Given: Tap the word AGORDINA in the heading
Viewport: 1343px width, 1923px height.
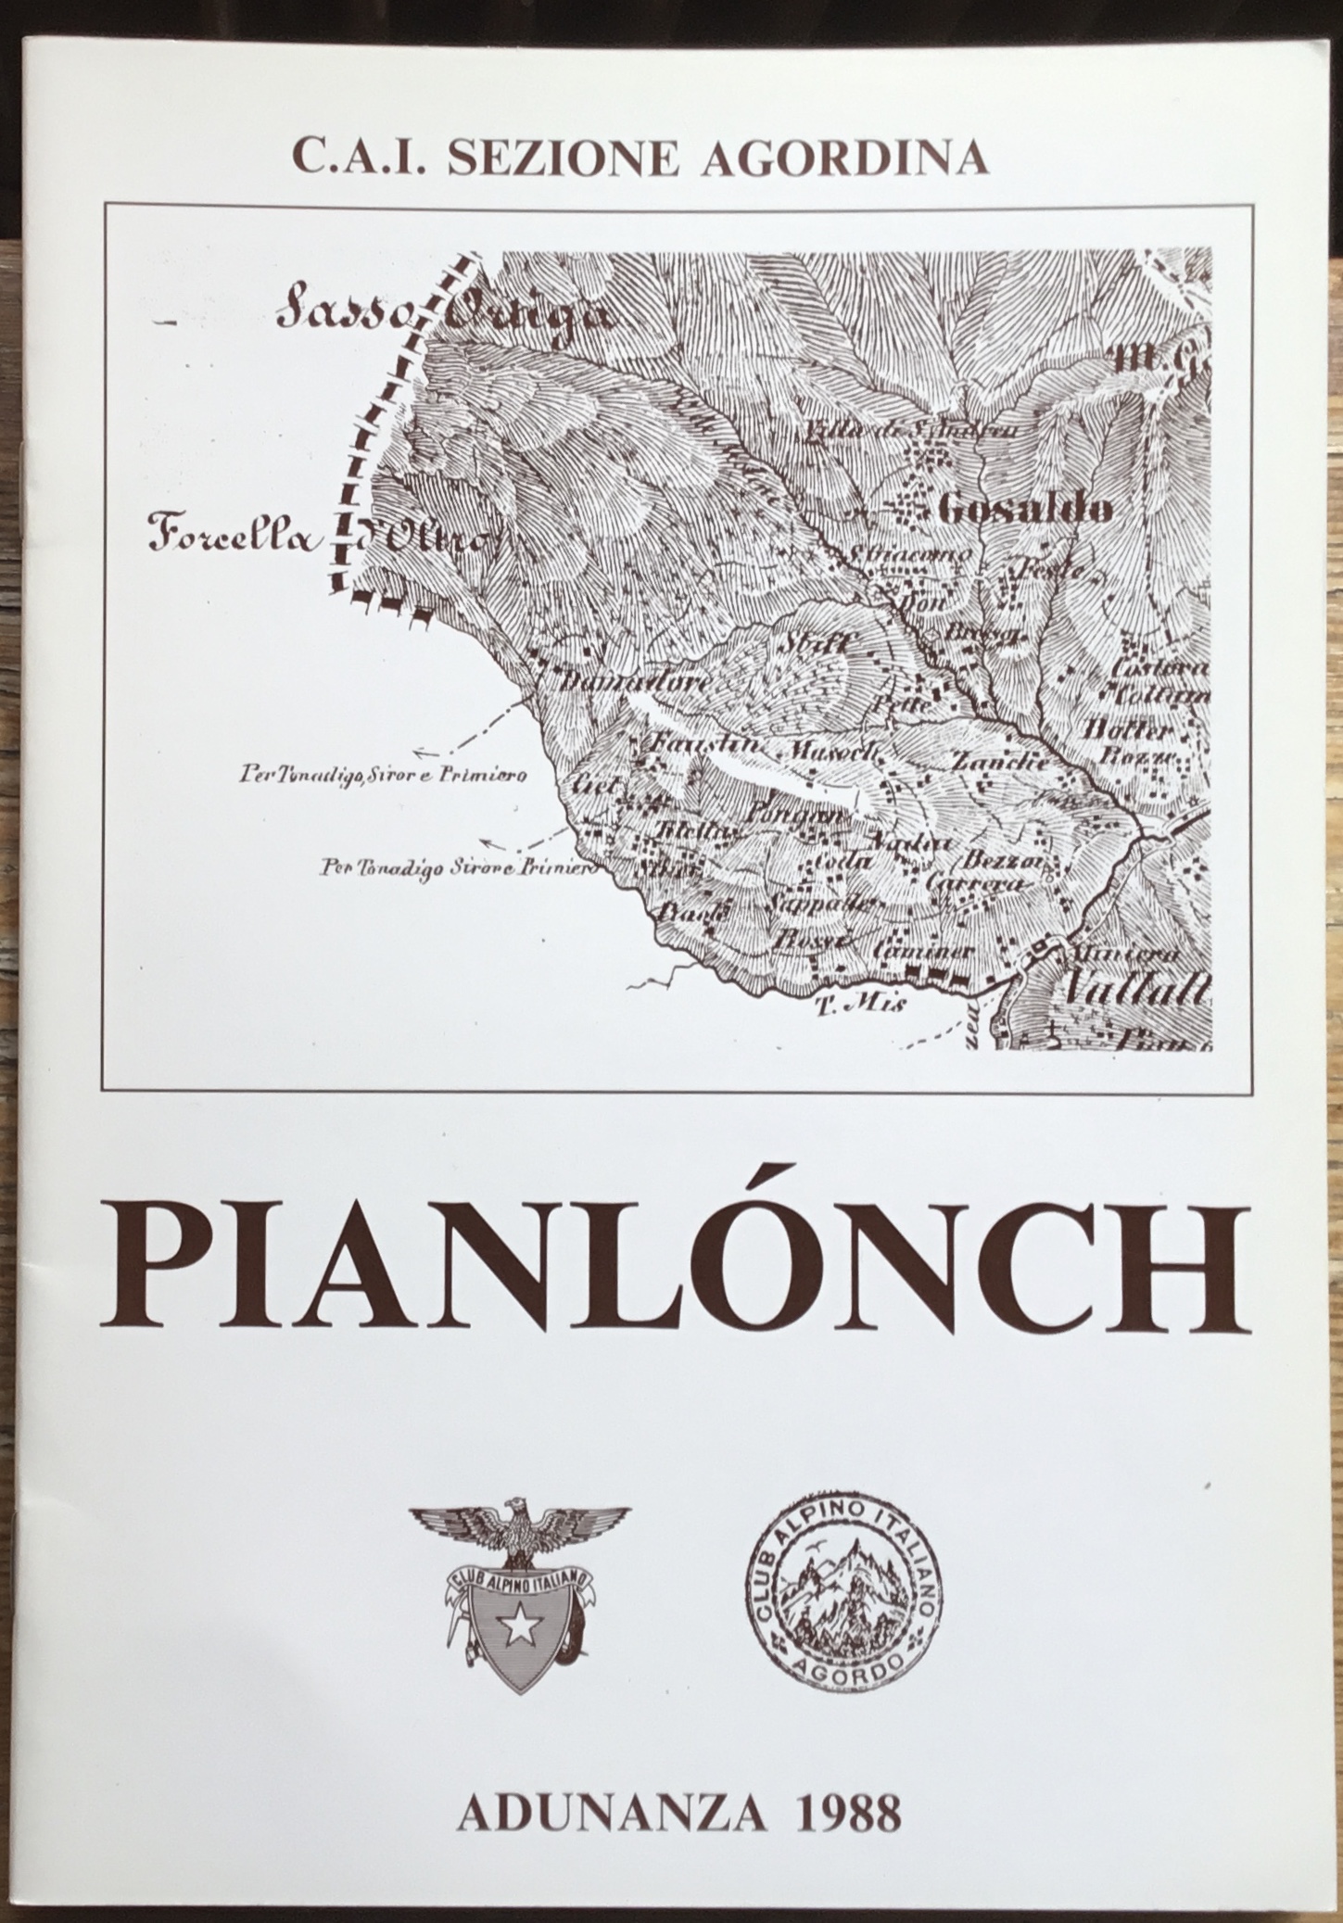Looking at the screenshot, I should click(x=844, y=158).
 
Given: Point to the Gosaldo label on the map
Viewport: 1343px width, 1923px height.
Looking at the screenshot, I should click(x=1026, y=508).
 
